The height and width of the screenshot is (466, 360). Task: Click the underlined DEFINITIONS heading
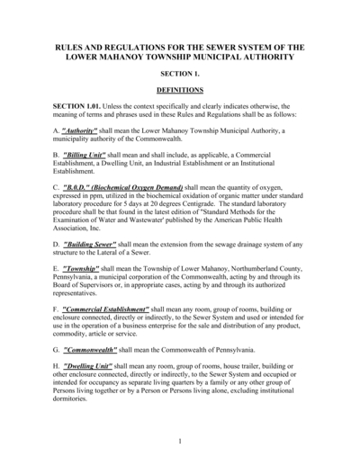pyautogui.click(x=180, y=91)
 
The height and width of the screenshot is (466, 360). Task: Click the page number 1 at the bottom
pyautogui.click(x=180, y=440)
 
